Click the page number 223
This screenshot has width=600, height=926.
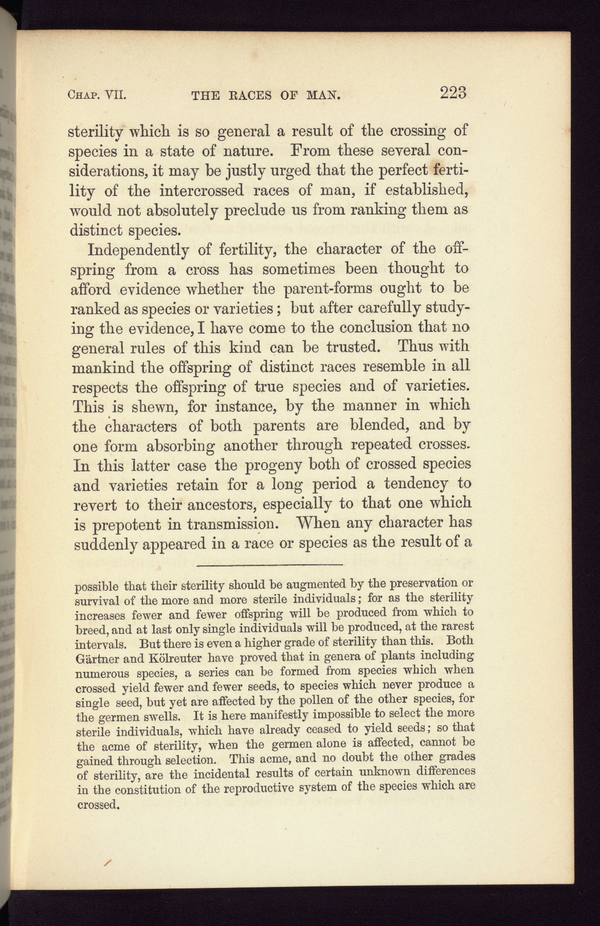point(453,93)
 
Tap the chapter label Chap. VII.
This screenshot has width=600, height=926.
point(97,95)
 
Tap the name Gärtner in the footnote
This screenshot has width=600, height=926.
point(98,658)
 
